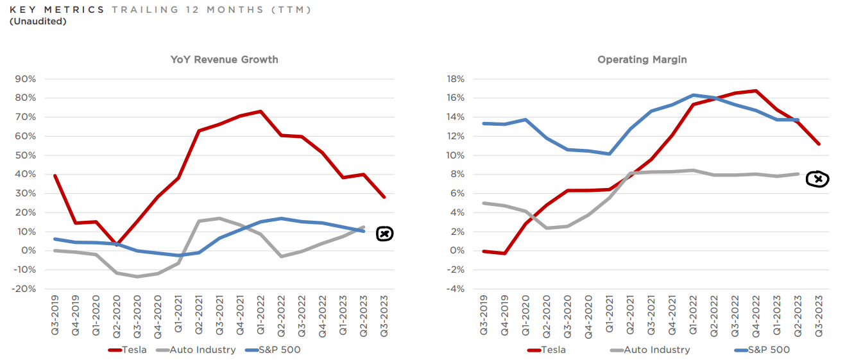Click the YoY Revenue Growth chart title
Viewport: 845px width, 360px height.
[224, 60]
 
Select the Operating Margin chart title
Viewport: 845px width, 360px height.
[642, 60]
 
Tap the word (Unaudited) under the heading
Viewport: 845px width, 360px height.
[38, 21]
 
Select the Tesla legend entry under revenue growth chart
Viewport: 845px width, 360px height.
[128, 350]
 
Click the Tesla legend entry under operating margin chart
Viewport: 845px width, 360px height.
[546, 350]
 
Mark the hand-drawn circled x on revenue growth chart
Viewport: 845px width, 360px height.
[384, 234]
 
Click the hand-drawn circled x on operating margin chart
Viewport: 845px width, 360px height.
[817, 180]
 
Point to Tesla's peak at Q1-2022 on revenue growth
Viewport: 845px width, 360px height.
[260, 111]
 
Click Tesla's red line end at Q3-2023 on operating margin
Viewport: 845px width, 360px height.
[819, 144]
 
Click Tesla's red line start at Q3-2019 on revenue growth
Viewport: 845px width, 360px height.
[54, 175]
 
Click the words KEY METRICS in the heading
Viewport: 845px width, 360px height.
[56, 10]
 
